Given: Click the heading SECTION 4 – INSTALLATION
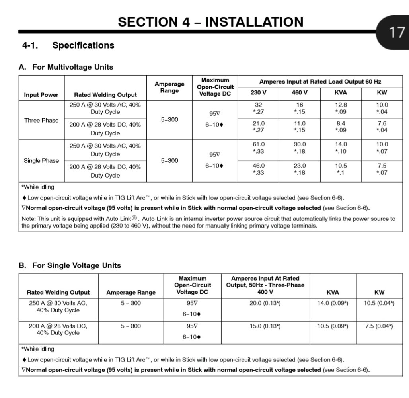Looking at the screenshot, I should (x=210, y=21).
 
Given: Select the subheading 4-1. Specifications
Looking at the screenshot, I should (x=68, y=45).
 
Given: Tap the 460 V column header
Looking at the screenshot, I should (x=300, y=93).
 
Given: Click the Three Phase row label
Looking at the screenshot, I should (x=41, y=120).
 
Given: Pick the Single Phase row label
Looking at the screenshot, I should (x=41, y=160).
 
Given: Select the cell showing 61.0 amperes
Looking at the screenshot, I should (x=259, y=144).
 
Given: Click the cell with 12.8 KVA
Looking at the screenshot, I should (x=341, y=105).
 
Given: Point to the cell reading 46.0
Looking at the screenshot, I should (x=259, y=166).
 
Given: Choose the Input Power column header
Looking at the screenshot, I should (x=41, y=95).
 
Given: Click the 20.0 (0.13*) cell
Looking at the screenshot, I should (x=265, y=303).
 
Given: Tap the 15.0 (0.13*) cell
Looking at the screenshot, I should (x=265, y=326).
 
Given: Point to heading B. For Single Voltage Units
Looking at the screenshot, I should (x=70, y=265).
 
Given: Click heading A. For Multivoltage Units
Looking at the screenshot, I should (x=66, y=67).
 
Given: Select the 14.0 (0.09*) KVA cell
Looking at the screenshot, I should (x=333, y=303).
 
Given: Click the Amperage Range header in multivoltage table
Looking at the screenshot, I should (x=169, y=87).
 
